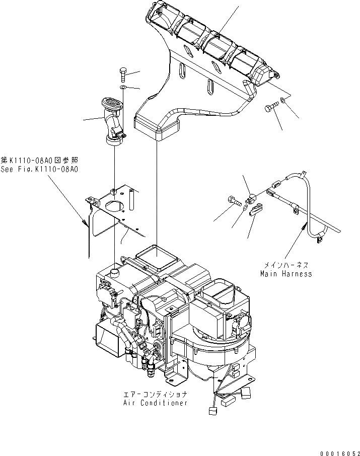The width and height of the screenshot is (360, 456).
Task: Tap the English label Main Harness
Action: pyautogui.click(x=285, y=274)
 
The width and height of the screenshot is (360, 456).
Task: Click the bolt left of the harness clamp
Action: pyautogui.click(x=234, y=200)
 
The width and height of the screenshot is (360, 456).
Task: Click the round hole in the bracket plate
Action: pyautogui.click(x=115, y=206)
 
